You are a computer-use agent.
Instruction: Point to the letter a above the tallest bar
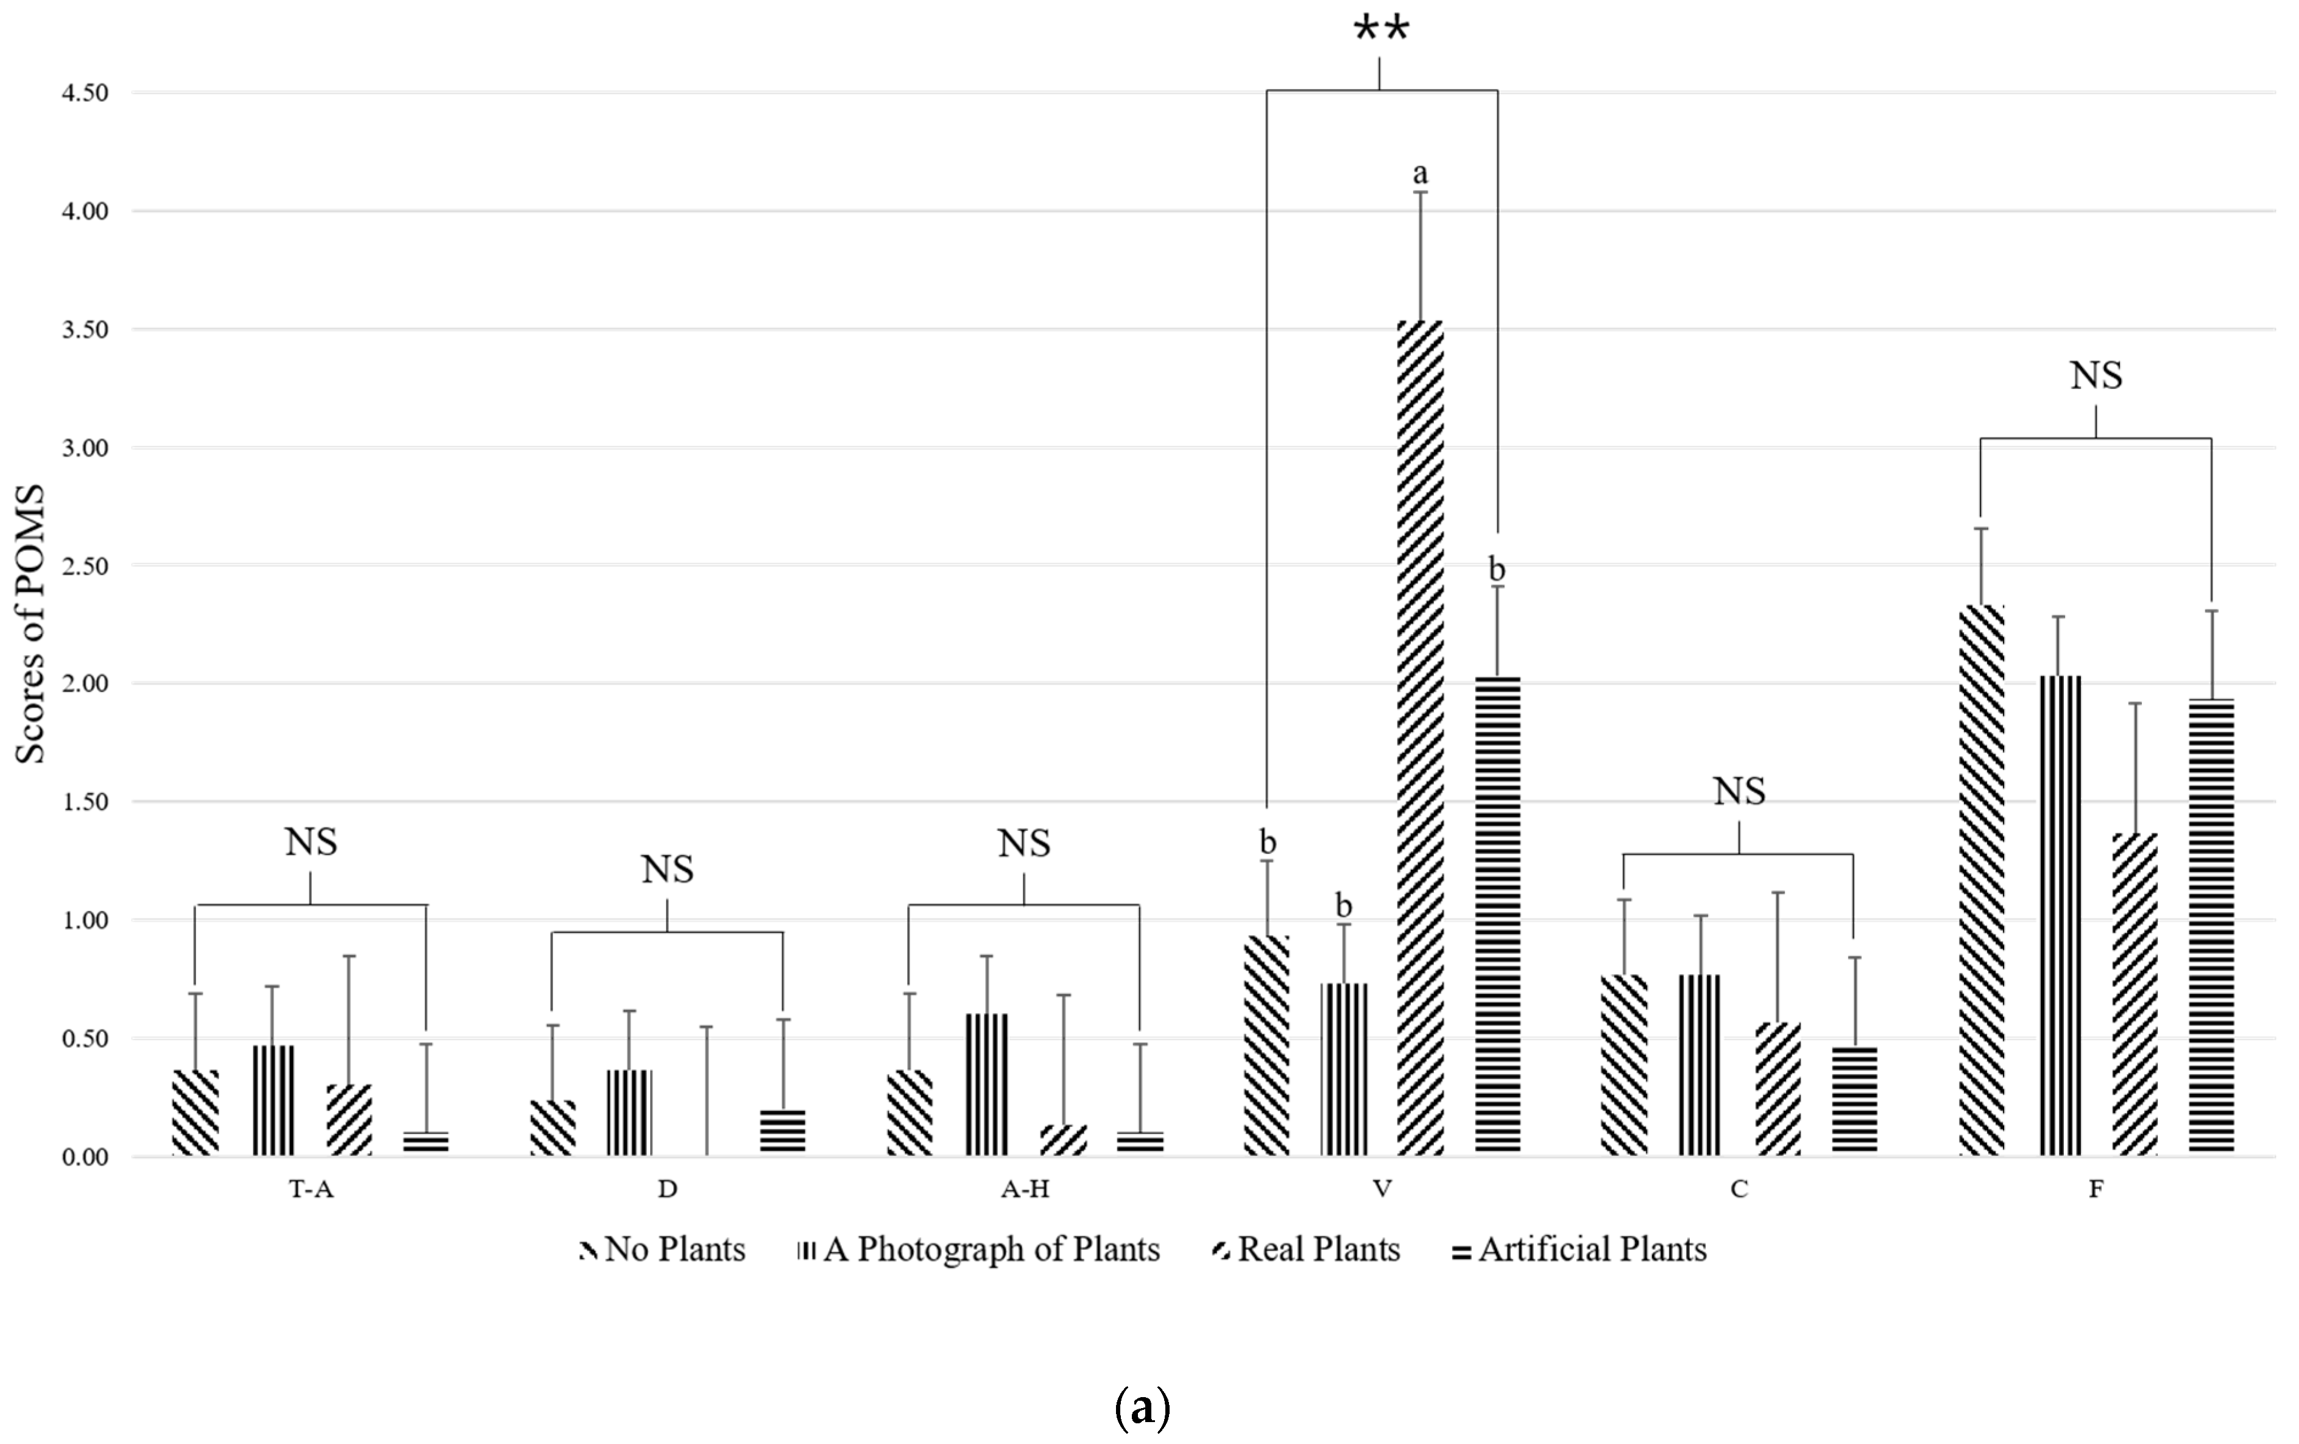(x=1420, y=173)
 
